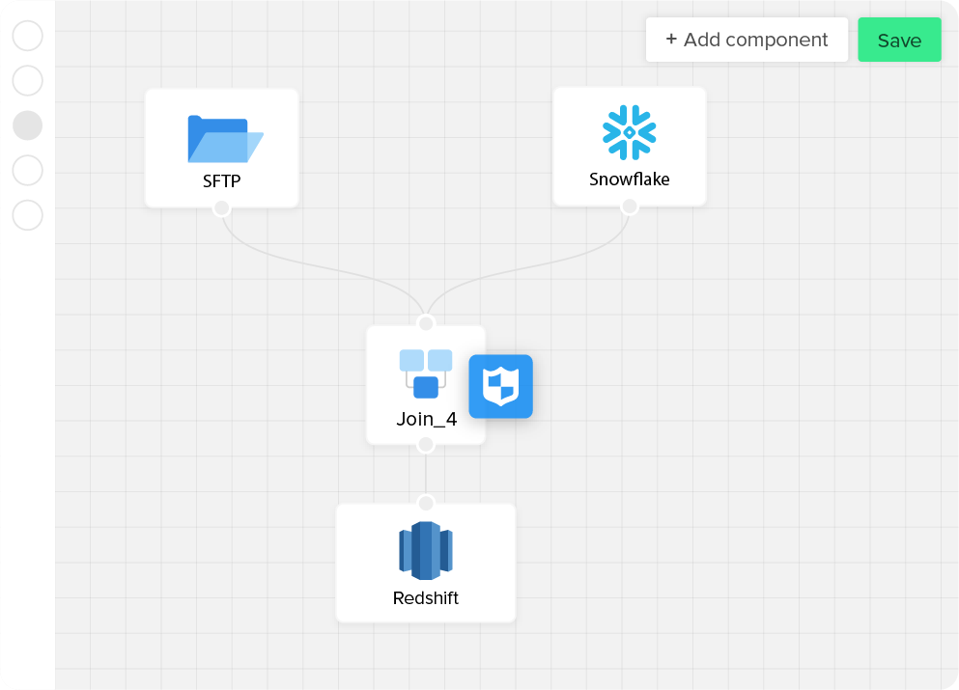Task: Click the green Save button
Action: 899,40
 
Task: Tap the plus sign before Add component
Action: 671,40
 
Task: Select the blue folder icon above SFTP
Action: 224,139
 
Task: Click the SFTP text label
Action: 222,180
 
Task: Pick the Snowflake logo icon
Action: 630,132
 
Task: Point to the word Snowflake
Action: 630,179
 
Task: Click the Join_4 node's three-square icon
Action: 426,373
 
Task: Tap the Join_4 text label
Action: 426,420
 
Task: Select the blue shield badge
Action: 501,387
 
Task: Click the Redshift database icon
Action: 426,551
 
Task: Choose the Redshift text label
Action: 426,598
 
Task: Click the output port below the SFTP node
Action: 221,207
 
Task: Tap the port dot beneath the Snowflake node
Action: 630,207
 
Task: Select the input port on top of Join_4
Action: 426,323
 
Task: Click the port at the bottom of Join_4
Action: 426,445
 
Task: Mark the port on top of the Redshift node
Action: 426,503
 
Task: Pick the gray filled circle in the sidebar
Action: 28,125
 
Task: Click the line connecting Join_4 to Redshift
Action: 426,474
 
